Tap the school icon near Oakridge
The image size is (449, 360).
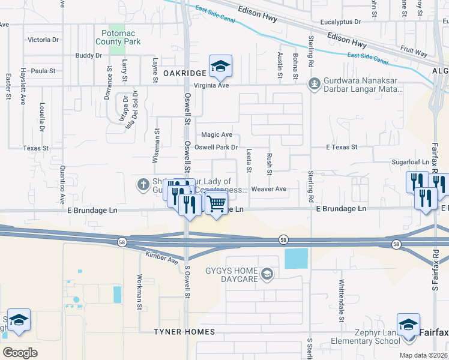(x=220, y=67)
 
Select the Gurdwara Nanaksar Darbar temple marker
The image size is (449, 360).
(x=313, y=83)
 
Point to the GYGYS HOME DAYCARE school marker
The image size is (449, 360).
(x=267, y=275)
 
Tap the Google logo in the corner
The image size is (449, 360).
(x=20, y=352)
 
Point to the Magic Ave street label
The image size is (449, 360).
(x=216, y=135)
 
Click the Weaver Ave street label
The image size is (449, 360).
(x=268, y=189)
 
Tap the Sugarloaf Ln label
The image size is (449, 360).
(x=410, y=162)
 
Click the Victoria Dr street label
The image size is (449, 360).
(x=43, y=40)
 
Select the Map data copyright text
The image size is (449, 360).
(x=423, y=355)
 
